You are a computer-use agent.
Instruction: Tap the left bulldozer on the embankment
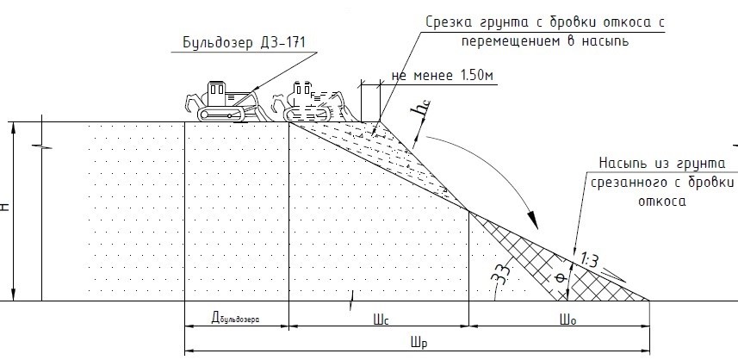[222, 102]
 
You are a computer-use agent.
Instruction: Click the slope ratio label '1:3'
[589, 258]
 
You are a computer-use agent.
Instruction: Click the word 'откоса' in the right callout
[663, 202]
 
